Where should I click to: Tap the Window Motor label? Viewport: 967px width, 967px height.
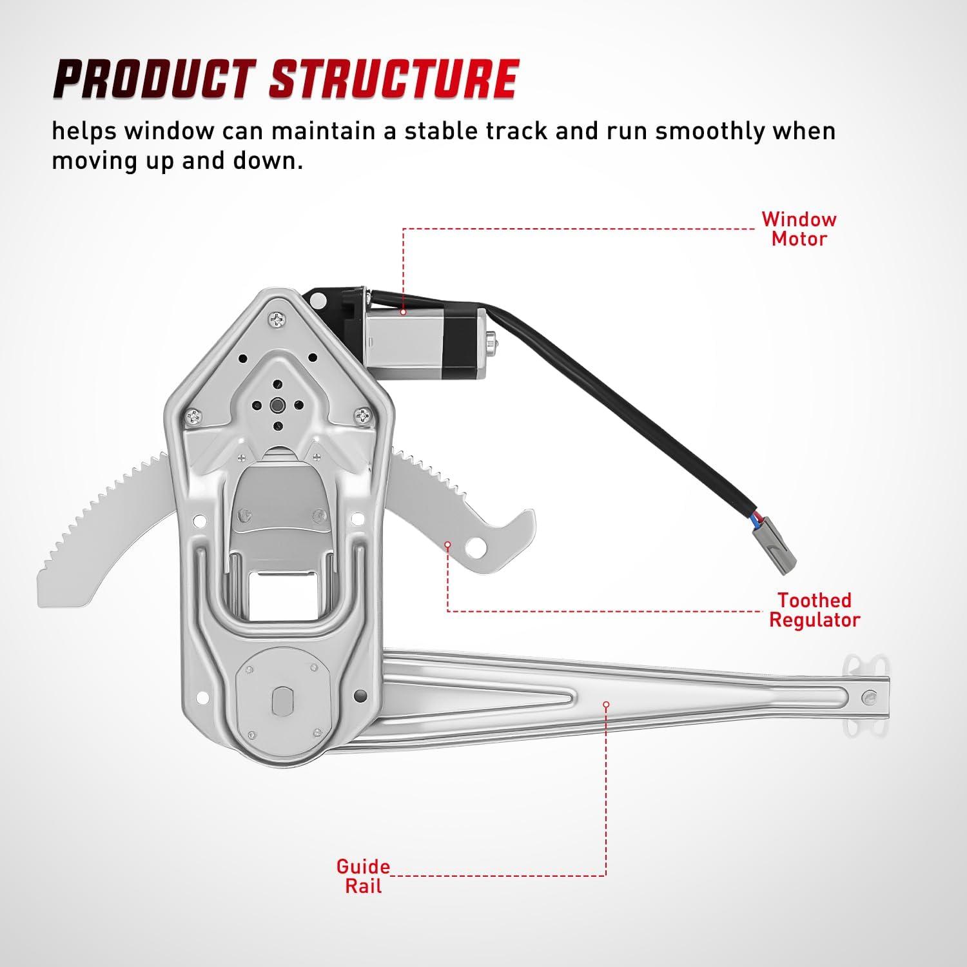point(799,229)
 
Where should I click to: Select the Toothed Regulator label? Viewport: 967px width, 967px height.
point(814,610)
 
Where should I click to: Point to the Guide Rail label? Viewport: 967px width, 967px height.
point(363,876)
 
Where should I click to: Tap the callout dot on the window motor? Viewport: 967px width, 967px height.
point(403,312)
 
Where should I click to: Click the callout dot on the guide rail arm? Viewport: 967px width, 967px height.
point(606,705)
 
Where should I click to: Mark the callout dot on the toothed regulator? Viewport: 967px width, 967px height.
point(447,545)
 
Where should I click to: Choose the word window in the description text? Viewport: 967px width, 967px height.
point(170,131)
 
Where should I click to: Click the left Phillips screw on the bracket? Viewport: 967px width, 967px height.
point(193,418)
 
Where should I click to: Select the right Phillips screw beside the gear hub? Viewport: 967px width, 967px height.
point(363,416)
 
